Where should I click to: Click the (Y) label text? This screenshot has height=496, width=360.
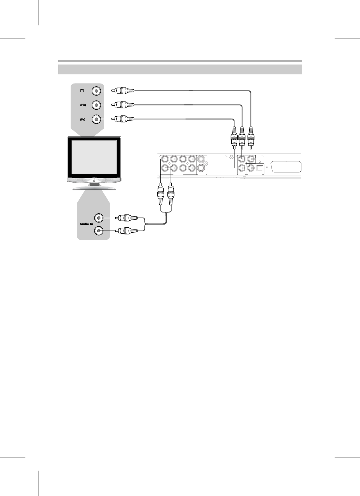point(82,91)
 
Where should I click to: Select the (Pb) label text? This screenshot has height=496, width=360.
point(83,105)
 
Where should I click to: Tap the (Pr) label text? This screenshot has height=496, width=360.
point(82,119)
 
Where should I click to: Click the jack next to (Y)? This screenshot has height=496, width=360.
point(96,91)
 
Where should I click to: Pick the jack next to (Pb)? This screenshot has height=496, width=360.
point(96,105)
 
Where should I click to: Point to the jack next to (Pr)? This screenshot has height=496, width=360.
point(96,119)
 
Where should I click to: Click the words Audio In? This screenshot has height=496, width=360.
point(86,224)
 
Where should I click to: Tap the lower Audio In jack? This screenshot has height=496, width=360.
point(99,231)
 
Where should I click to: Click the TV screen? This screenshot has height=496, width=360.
point(94,157)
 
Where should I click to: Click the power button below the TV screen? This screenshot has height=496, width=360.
point(94,180)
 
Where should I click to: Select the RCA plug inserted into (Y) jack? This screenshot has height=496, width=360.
point(123,91)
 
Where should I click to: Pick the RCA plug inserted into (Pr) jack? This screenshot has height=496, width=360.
point(123,119)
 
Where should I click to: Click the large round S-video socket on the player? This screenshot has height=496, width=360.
point(201,168)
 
